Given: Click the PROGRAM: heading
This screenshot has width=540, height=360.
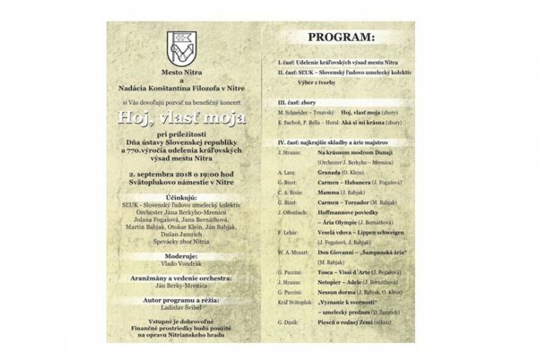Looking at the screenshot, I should (x=340, y=36).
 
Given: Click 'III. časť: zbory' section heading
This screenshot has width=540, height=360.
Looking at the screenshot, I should (x=302, y=101).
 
